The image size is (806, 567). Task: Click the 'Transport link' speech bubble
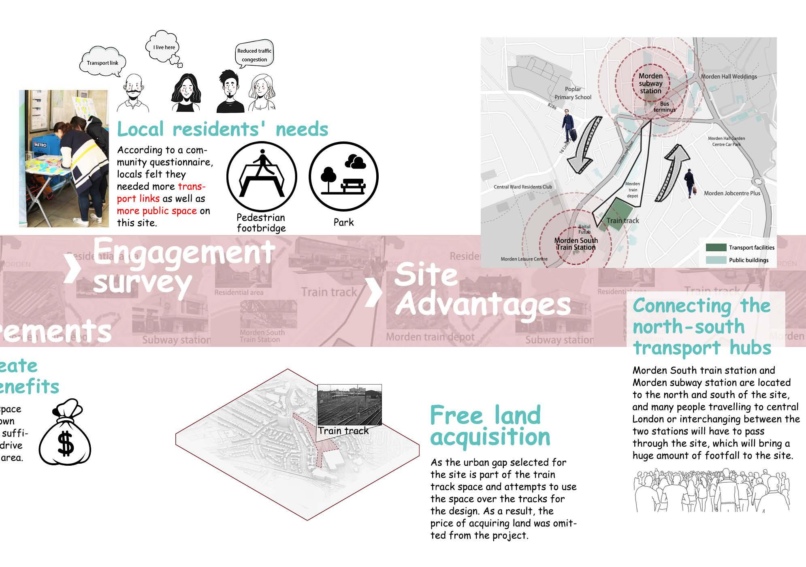tap(102, 63)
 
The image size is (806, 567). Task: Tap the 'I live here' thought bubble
tap(164, 47)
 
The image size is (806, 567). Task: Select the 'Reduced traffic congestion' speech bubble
tap(254, 55)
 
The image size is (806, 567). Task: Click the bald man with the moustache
tap(133, 94)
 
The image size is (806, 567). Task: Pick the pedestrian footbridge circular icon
tap(262, 177)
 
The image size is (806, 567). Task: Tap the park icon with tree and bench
tap(343, 177)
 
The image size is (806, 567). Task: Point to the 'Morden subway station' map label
tap(650, 83)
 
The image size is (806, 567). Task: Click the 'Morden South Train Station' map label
tap(576, 244)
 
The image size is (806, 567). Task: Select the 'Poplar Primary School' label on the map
tap(573, 93)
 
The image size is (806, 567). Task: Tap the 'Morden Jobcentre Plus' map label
tap(732, 193)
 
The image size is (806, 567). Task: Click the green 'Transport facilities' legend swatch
tap(716, 248)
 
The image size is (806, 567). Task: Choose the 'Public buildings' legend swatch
tap(716, 260)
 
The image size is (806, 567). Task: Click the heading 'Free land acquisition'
tap(490, 426)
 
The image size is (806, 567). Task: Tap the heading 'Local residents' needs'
tap(222, 130)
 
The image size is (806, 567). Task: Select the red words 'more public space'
tap(157, 211)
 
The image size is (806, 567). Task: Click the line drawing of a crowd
tap(711, 490)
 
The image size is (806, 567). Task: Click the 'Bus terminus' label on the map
tap(664, 107)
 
